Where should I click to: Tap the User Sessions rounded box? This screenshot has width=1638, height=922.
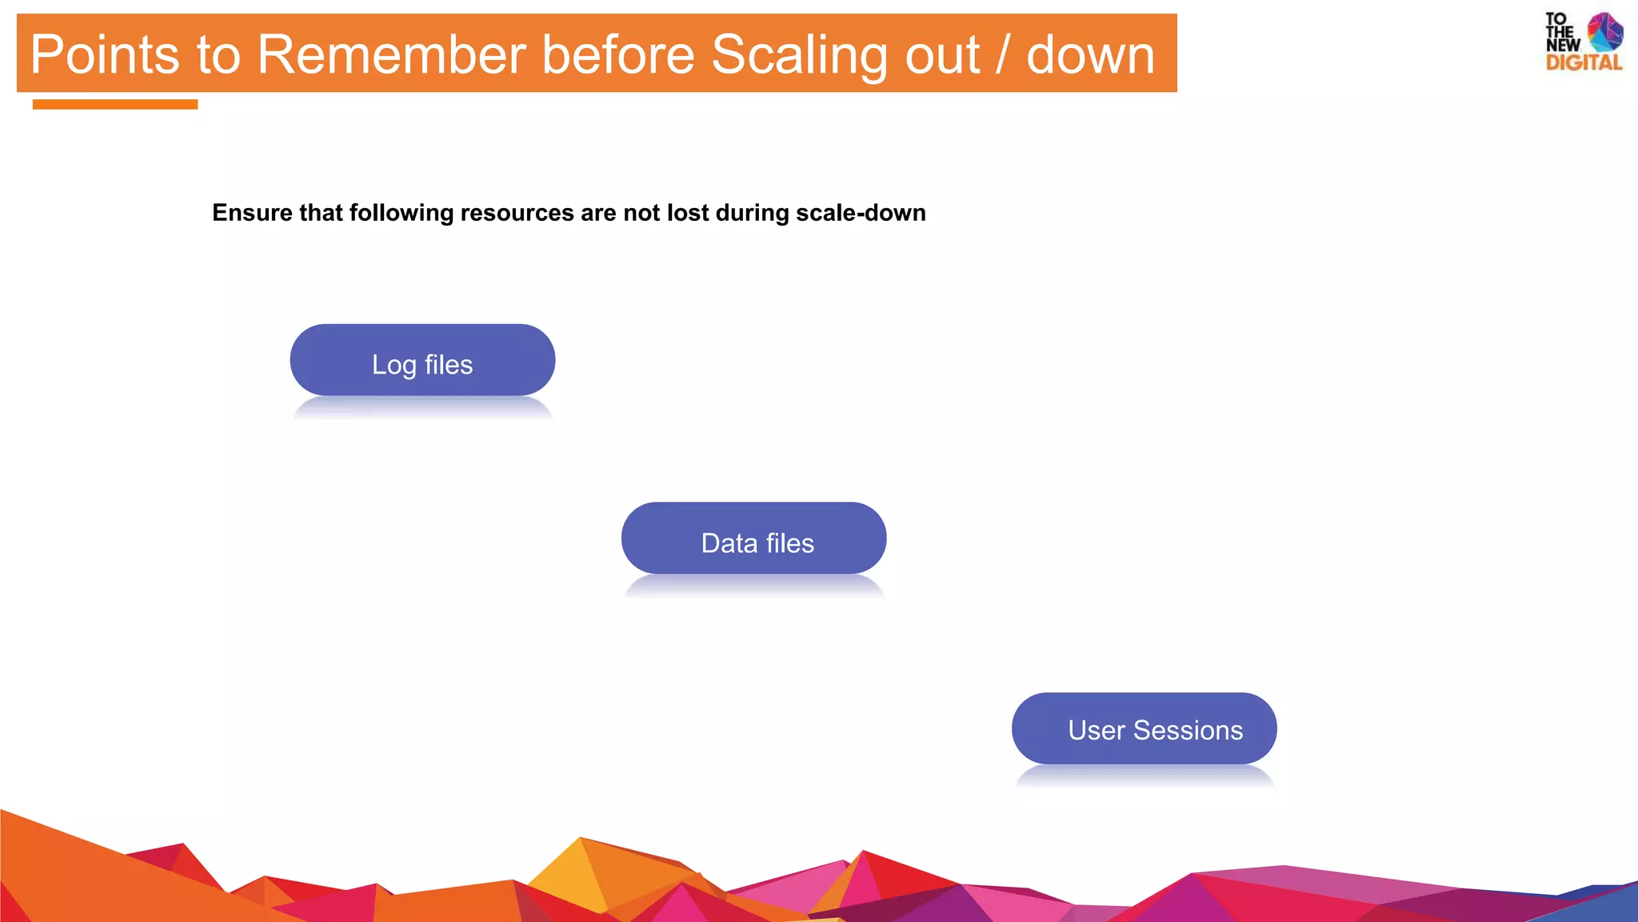click(x=1144, y=728)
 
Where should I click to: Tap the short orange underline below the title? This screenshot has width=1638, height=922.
click(x=115, y=104)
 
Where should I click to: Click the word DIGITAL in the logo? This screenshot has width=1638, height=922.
click(x=1584, y=63)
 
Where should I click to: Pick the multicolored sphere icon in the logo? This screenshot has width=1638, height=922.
click(x=1604, y=32)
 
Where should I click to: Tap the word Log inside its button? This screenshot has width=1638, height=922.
click(x=394, y=366)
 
